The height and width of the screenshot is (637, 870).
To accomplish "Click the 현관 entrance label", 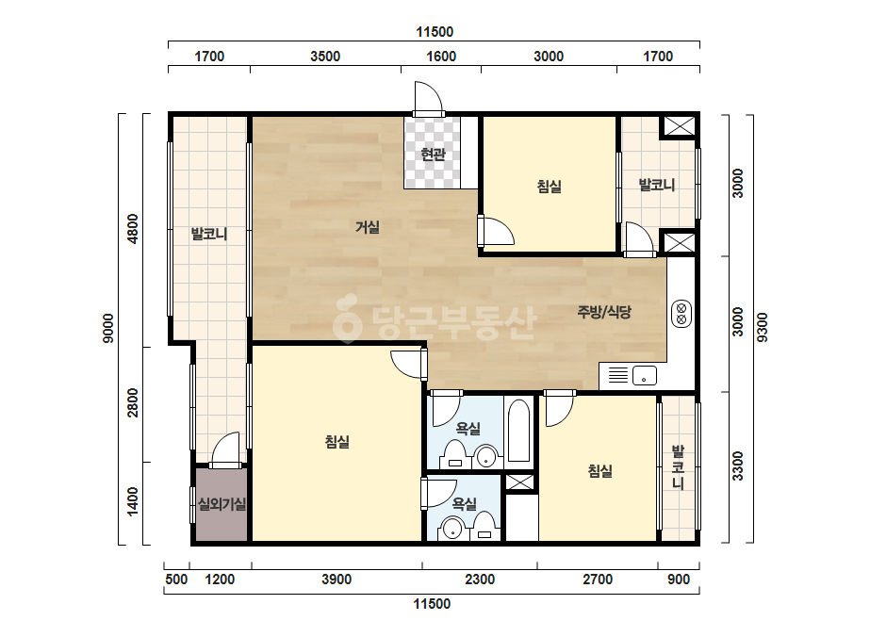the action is tap(433, 154).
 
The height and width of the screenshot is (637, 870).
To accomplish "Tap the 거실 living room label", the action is tap(368, 226).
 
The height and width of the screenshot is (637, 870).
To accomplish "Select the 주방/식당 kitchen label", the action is tap(604, 312).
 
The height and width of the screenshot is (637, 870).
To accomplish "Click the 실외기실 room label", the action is tap(222, 504).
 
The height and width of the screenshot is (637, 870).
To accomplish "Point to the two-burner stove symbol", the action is tap(681, 314).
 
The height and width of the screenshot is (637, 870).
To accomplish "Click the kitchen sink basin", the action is tap(644, 376).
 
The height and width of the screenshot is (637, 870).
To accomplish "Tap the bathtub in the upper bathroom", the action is tap(518, 431).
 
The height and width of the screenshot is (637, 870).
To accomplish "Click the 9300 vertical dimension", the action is tap(763, 327).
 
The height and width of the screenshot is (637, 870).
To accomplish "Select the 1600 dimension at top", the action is tap(441, 56).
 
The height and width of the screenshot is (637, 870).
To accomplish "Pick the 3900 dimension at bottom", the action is tap(337, 580).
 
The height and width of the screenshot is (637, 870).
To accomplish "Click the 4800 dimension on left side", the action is tap(133, 229).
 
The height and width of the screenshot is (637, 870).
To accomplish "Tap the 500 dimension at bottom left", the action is tap(176, 580).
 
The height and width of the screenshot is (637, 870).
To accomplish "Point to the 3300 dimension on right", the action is tap(737, 466).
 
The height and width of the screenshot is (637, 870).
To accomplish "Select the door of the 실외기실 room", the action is tap(226, 449).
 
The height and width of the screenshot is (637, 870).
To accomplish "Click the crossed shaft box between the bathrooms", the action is tap(520, 482).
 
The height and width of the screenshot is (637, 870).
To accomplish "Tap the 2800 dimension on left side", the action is tap(133, 403).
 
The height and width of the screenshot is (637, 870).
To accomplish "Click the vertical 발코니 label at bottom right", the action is tap(678, 466).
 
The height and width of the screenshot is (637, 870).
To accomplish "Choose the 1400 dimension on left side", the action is tap(133, 501).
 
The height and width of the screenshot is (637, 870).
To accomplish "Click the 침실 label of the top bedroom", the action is tap(550, 186).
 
